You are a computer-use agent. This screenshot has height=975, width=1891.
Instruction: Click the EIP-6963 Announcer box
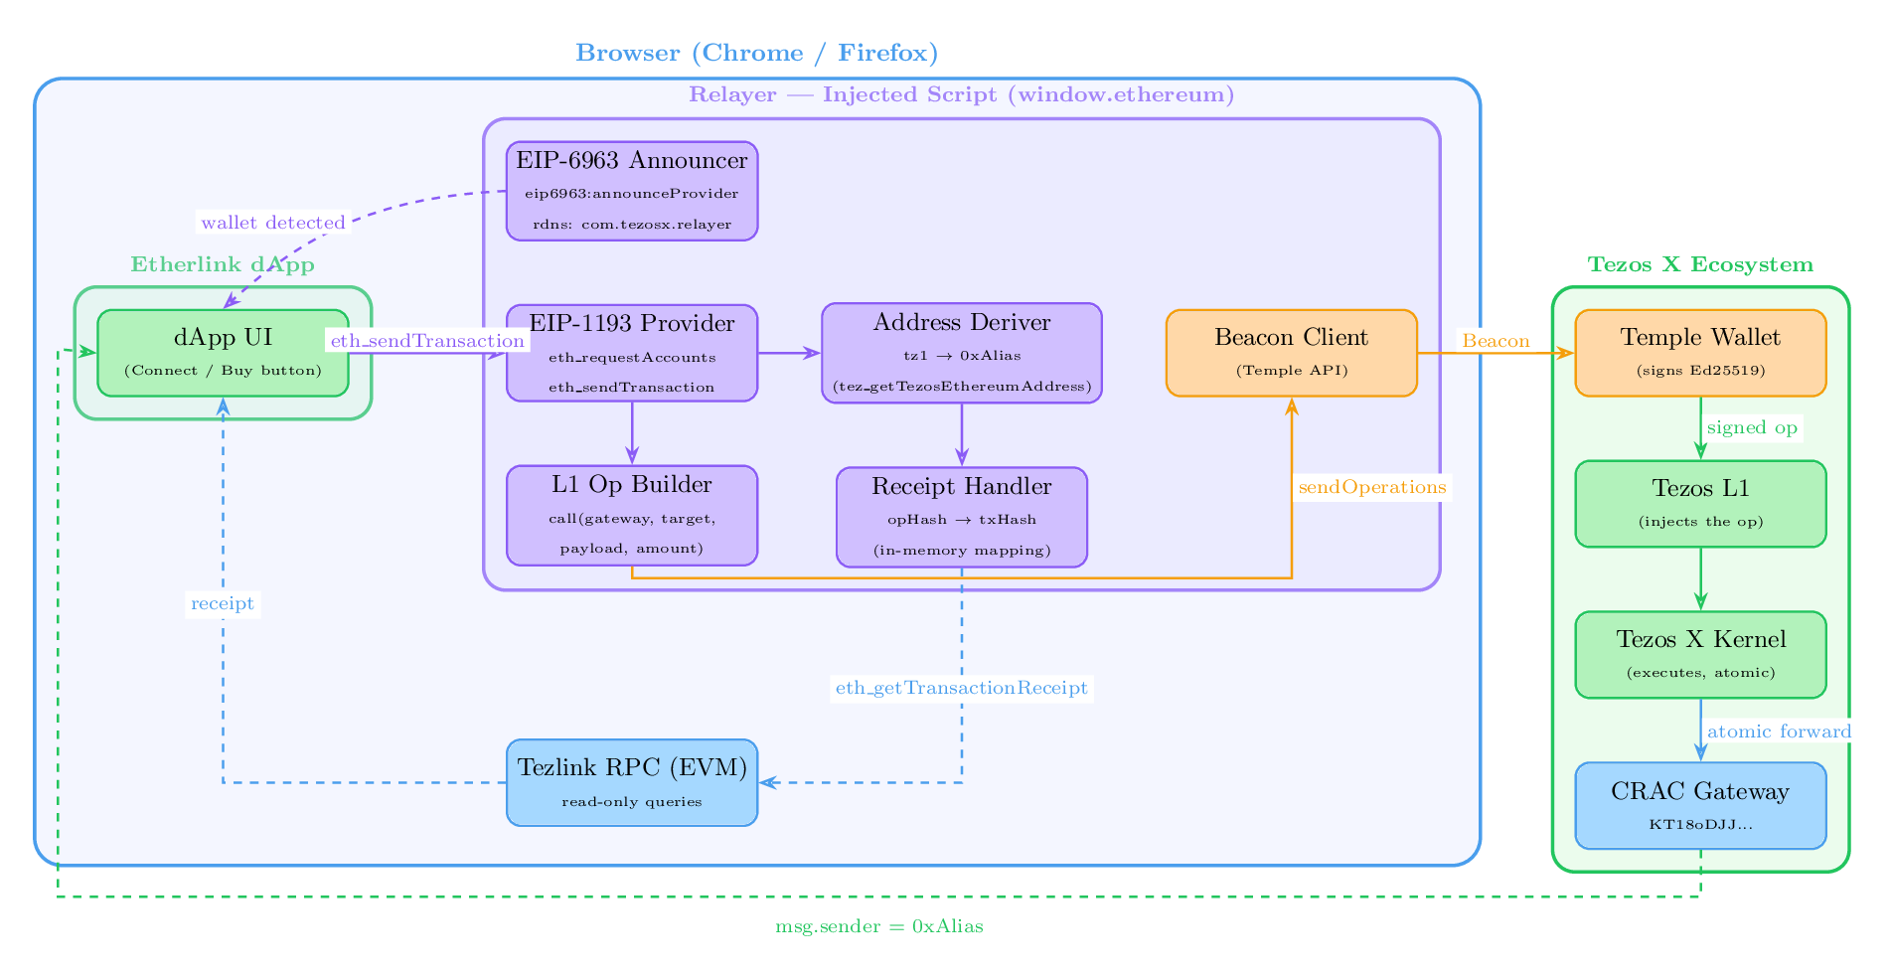[x=632, y=191]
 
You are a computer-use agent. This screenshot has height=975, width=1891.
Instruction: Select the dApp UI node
[x=223, y=353]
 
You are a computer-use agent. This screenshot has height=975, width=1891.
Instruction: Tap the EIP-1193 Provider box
[x=632, y=353]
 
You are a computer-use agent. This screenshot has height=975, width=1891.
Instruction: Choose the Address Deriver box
[x=961, y=353]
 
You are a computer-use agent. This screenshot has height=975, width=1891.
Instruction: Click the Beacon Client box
[x=1291, y=353]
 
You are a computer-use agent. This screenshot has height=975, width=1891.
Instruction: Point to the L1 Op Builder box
[x=632, y=515]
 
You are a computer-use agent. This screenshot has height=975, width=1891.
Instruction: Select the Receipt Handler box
[x=961, y=517]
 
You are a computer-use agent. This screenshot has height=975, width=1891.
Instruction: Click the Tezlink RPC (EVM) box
[x=632, y=782]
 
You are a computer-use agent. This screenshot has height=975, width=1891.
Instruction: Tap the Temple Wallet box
[x=1700, y=353]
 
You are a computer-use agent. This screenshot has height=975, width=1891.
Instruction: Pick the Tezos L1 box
[x=1700, y=503]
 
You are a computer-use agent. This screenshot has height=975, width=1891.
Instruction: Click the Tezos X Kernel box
[x=1700, y=654]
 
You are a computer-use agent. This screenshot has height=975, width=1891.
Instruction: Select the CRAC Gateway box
[x=1700, y=805]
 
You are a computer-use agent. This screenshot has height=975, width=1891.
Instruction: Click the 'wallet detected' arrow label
[x=273, y=223]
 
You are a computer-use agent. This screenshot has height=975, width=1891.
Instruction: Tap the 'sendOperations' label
[x=1371, y=487]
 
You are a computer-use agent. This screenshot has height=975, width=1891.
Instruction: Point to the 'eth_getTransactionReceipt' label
[x=961, y=688]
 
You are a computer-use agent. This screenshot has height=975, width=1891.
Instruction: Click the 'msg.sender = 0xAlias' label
[x=879, y=926]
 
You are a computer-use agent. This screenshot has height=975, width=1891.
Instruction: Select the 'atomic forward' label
[x=1779, y=731]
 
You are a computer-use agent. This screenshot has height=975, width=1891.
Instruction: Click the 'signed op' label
[x=1751, y=427]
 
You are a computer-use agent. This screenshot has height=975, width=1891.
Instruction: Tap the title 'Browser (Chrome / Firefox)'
[x=756, y=53]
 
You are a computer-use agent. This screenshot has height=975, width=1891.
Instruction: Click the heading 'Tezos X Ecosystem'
[x=1699, y=264]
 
